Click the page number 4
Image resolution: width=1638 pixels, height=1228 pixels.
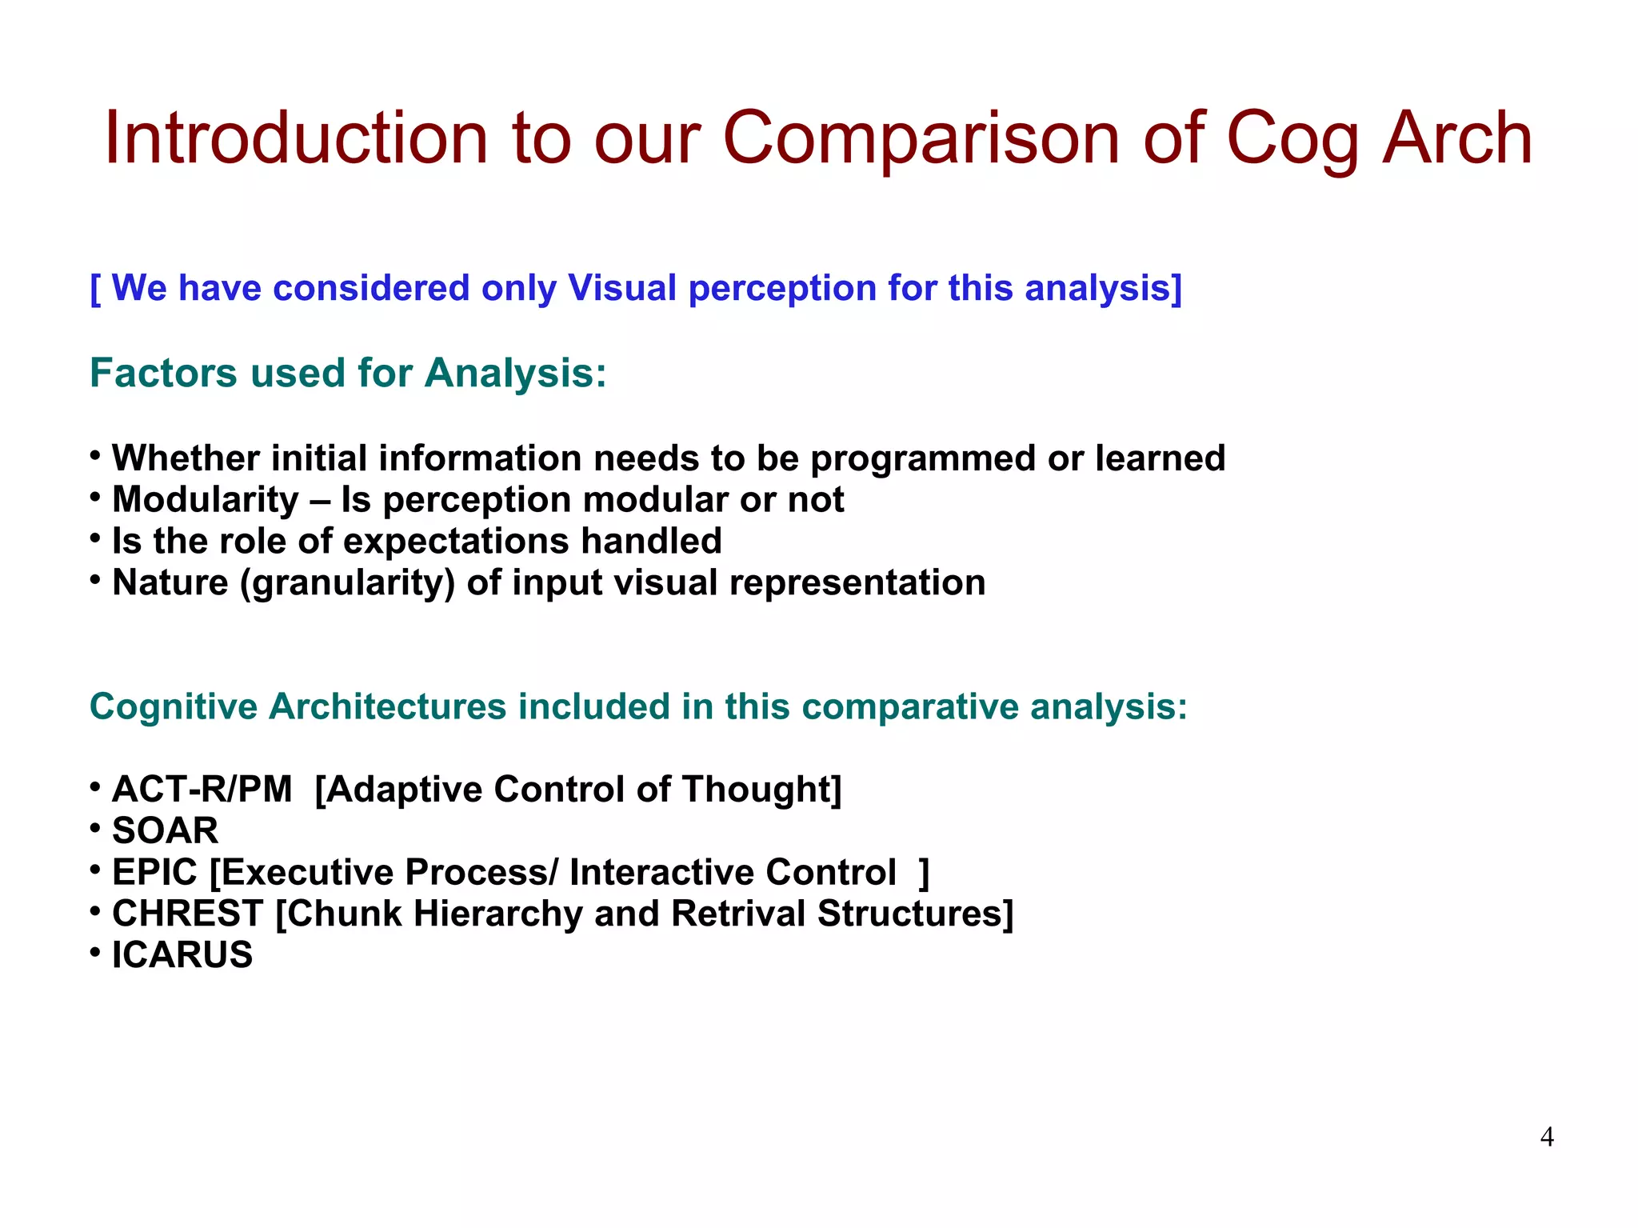point(1547,1137)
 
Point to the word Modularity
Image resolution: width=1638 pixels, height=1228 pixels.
point(205,500)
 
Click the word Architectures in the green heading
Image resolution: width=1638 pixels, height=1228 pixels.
point(387,707)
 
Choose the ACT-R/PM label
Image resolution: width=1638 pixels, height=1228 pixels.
point(202,790)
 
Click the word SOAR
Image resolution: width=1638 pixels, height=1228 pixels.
point(165,831)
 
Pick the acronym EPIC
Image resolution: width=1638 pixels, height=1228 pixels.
point(154,873)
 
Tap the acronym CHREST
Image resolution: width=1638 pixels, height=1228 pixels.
point(187,914)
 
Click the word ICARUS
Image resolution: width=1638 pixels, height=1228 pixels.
point(182,955)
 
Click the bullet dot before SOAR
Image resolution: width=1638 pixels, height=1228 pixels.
point(95,828)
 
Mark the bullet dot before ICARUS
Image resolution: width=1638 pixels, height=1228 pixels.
point(95,952)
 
